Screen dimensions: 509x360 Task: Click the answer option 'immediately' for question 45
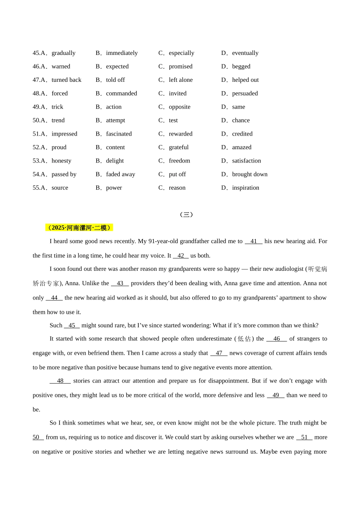click(122, 53)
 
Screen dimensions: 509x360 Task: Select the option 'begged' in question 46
click(241, 67)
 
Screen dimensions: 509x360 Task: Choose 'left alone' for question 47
click(180, 80)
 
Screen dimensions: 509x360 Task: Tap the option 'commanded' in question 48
click(121, 94)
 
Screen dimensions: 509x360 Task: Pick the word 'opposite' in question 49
click(179, 107)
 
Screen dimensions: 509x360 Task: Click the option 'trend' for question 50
click(58, 120)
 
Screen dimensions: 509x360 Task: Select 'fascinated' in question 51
click(119, 134)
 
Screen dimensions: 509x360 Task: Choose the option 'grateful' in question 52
click(178, 147)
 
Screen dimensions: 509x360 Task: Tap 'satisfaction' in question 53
click(246, 161)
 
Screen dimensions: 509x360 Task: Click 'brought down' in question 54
click(249, 175)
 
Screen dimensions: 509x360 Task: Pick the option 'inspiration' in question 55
click(246, 188)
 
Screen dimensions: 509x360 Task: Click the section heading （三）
click(186, 215)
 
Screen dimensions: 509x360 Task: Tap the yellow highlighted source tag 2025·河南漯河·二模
click(79, 228)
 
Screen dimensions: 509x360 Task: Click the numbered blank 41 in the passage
click(254, 241)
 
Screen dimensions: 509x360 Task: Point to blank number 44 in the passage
click(54, 298)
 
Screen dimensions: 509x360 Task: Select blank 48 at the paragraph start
click(60, 381)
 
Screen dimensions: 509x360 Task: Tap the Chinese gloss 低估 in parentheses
click(244, 339)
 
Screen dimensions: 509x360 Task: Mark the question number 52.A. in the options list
click(40, 147)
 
